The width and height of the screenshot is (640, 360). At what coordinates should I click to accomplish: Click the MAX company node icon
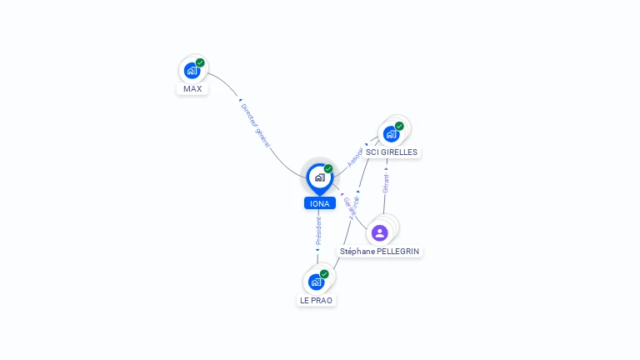click(192, 70)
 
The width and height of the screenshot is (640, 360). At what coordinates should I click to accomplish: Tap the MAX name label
click(192, 89)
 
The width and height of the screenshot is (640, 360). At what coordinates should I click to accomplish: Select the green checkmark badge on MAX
click(200, 62)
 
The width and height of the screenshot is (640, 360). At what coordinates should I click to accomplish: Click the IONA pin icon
click(319, 177)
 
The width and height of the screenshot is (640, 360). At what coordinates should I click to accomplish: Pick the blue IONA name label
click(319, 203)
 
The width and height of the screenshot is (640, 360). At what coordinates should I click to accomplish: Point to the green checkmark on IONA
click(328, 168)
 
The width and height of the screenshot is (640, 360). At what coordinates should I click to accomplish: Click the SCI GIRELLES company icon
click(391, 133)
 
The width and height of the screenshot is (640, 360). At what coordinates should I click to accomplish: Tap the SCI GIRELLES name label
click(392, 152)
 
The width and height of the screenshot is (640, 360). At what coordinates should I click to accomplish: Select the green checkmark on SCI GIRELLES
click(399, 126)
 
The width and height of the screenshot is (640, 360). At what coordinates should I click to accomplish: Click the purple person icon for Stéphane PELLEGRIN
click(379, 232)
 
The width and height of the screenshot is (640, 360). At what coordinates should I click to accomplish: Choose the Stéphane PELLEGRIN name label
click(380, 251)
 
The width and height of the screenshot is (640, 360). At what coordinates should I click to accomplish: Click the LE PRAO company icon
click(316, 282)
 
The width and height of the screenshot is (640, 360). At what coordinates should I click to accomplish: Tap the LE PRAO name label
click(317, 300)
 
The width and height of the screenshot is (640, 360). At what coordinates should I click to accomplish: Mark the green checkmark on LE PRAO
click(324, 274)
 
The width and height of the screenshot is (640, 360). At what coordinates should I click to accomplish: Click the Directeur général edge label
click(255, 126)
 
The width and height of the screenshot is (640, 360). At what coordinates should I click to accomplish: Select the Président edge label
click(318, 231)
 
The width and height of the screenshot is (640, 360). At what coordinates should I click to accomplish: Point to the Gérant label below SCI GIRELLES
click(386, 183)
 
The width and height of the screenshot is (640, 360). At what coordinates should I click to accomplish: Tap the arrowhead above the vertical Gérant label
click(386, 168)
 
